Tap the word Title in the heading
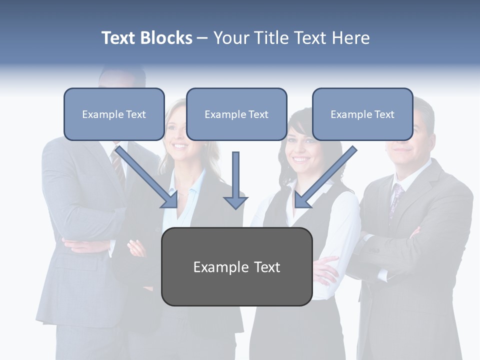tap(269, 38)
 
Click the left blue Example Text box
tap(114, 114)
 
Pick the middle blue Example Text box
tap(236, 114)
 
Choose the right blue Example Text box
tap(362, 114)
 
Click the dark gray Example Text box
tap(236, 267)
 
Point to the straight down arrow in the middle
tap(235, 180)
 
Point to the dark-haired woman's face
tap(300, 148)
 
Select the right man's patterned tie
tap(396, 197)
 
